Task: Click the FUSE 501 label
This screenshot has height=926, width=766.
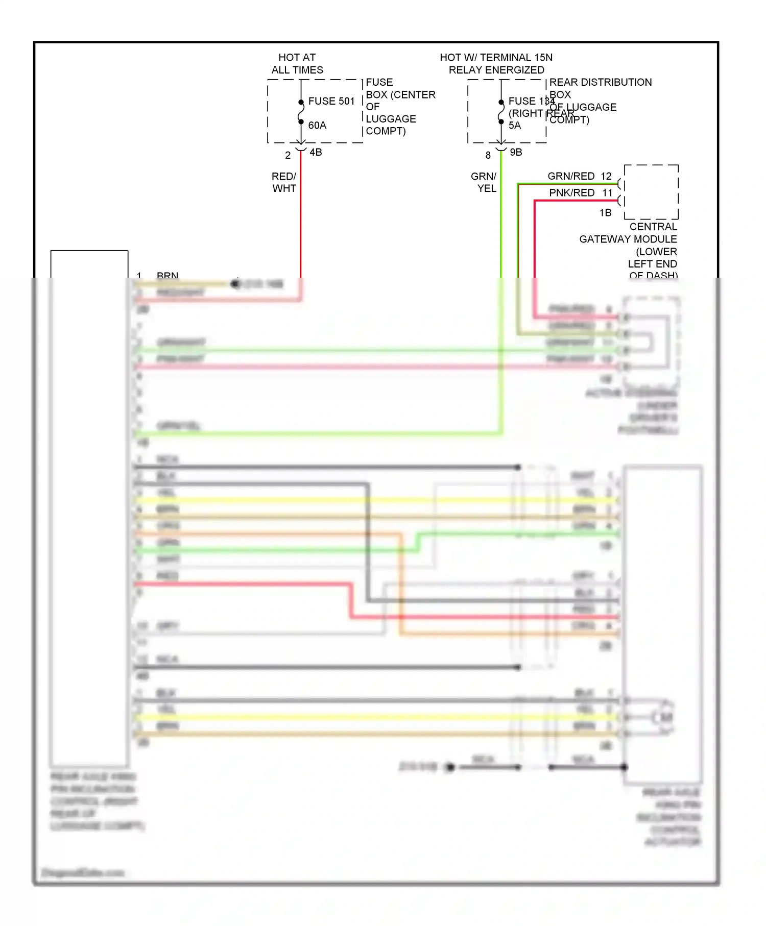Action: click(331, 101)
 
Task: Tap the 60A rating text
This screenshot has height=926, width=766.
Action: click(317, 125)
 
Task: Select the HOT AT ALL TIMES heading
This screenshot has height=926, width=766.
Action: click(297, 64)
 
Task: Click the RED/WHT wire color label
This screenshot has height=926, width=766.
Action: click(284, 182)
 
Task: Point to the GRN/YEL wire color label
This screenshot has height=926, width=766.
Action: click(484, 182)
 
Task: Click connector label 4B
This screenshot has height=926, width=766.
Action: click(316, 152)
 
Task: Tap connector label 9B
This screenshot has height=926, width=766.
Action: click(516, 152)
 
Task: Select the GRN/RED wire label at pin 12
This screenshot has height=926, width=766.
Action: click(570, 176)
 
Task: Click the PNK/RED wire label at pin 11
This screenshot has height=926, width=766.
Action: click(571, 193)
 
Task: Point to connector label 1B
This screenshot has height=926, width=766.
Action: click(605, 213)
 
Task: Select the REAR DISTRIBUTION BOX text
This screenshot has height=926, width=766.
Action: click(600, 82)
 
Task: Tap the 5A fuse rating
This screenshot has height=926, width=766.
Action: click(514, 126)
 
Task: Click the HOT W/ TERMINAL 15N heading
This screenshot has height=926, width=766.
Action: click(496, 64)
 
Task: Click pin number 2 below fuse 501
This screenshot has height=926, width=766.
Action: click(288, 155)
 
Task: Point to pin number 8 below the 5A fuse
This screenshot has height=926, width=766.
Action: click(488, 155)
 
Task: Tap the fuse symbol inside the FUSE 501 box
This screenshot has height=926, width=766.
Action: click(301, 112)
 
